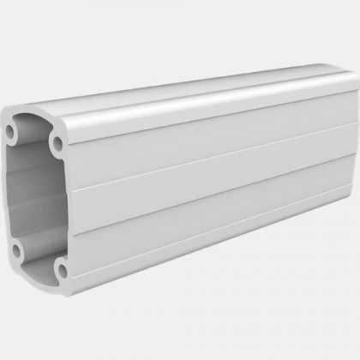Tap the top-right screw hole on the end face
57,141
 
